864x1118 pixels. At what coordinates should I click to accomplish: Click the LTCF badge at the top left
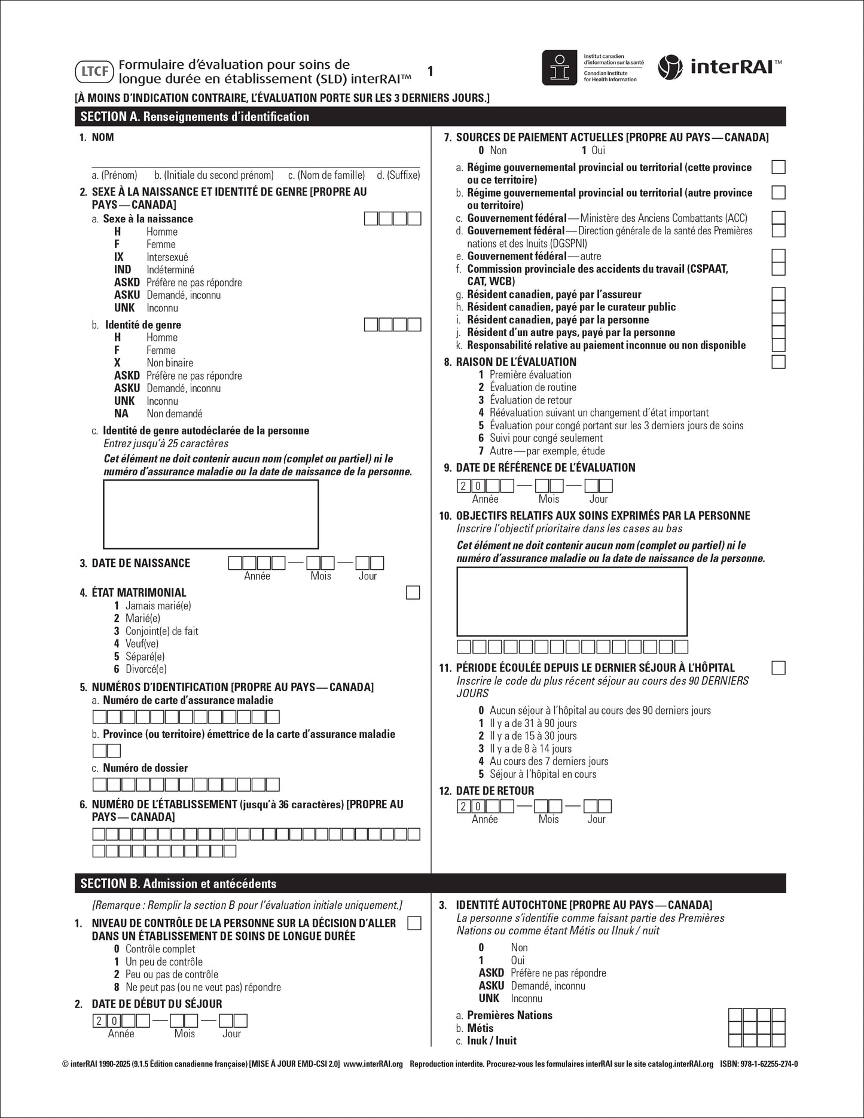pos(94,72)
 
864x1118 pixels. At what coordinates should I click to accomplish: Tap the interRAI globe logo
pos(670,67)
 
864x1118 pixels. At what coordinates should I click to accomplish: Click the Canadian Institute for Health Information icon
pos(560,67)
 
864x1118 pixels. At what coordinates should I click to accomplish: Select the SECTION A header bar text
pos(194,117)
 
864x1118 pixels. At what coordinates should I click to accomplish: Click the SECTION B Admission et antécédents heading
pos(178,884)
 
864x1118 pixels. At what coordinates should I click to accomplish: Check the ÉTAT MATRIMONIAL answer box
pos(413,592)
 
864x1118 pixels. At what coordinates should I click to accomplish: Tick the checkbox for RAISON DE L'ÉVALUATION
pos(778,362)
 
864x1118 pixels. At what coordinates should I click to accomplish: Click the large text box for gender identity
pos(211,514)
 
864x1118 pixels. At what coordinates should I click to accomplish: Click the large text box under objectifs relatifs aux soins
pos(572,601)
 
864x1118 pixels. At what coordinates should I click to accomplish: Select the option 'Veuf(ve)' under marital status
pos(142,644)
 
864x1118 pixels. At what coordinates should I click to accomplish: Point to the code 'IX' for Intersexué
pos(119,257)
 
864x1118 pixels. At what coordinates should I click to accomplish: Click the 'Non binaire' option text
pos(170,363)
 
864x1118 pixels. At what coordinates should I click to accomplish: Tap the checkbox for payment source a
pos(778,167)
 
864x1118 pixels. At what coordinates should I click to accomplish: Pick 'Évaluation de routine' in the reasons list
pos(533,387)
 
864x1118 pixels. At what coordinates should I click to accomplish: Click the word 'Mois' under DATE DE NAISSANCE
pos(320,576)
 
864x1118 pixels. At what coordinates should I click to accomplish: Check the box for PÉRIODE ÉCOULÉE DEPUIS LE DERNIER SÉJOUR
pos(778,668)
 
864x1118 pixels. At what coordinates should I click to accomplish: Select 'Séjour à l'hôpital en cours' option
pos(543,774)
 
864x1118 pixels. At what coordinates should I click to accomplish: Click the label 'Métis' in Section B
pos(480,1028)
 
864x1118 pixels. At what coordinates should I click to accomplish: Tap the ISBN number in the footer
pos(759,1064)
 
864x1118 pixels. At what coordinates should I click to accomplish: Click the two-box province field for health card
pos(107,750)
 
